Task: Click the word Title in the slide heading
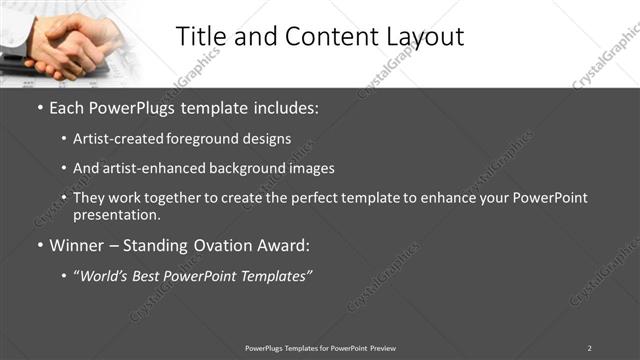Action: pos(203,37)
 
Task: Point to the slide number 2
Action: pos(589,347)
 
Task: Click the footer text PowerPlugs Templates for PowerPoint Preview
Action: pos(320,347)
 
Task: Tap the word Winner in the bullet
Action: pos(77,245)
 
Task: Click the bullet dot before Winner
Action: pos(40,245)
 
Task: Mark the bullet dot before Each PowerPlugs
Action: pos(40,107)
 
